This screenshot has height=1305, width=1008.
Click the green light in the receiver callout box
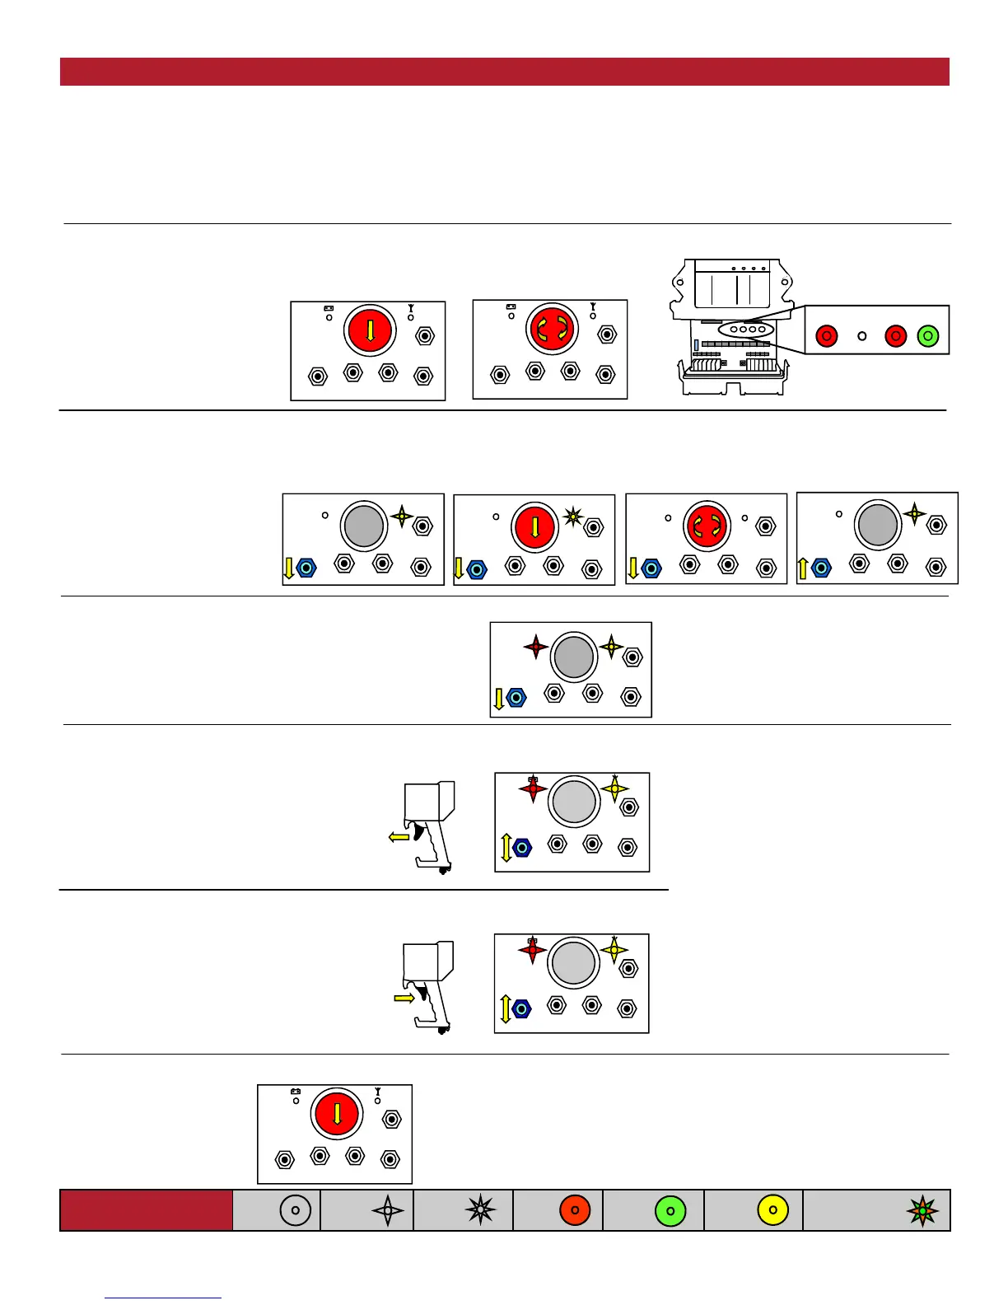tap(928, 336)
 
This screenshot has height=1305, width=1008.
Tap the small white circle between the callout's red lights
tap(862, 336)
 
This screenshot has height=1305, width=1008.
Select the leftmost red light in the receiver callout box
tap(826, 336)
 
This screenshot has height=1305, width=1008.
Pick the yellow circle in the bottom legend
tap(772, 1210)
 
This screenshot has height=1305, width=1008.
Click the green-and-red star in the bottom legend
tap(922, 1210)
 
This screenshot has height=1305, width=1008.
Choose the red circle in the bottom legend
tap(575, 1210)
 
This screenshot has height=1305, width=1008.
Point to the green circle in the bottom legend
tap(670, 1211)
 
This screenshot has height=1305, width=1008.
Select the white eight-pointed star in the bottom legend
tap(480, 1209)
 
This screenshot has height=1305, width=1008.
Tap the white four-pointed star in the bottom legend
tap(388, 1210)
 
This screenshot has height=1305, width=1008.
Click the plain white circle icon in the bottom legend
tap(296, 1210)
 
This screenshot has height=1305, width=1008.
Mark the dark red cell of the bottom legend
tap(146, 1210)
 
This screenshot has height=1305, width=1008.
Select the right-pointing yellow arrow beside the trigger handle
tap(404, 998)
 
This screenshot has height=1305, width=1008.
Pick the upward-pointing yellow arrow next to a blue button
tap(803, 568)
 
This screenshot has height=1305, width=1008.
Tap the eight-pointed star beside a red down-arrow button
tap(573, 517)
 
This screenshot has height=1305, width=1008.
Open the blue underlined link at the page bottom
tap(163, 1298)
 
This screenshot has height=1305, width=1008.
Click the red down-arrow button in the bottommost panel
tap(337, 1114)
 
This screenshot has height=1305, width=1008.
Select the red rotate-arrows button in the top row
tap(552, 329)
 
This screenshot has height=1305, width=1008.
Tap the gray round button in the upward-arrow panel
tap(877, 524)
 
